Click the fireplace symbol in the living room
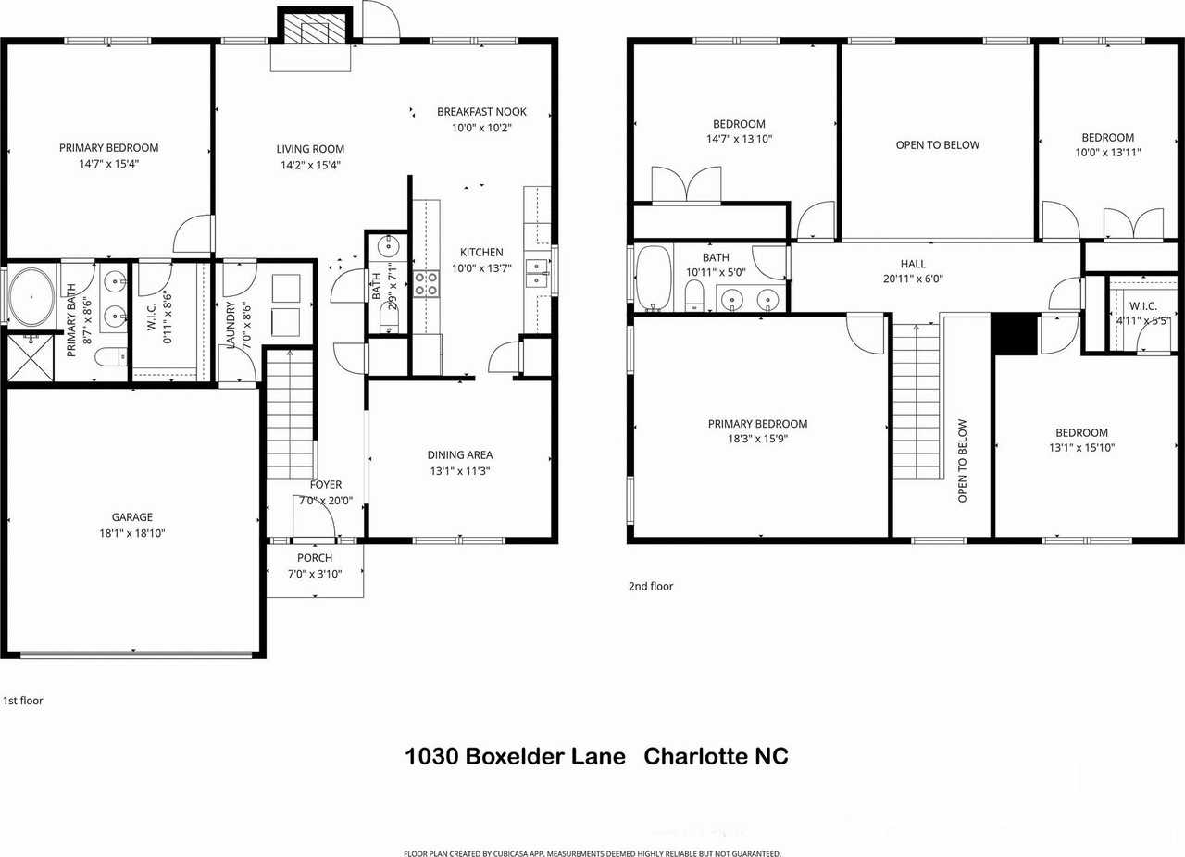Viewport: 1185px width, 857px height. coord(310,31)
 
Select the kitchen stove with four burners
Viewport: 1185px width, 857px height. coord(426,283)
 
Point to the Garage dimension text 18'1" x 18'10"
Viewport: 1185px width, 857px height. coord(131,533)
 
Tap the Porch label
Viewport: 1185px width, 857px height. coord(315,558)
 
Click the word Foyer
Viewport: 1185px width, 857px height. coord(326,484)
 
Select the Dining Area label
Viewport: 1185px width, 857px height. coord(460,454)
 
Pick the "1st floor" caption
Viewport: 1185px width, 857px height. coord(23,701)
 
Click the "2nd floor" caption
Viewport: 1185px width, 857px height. coord(651,586)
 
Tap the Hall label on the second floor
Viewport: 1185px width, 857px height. coord(913,264)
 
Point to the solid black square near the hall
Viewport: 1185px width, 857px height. coord(1014,334)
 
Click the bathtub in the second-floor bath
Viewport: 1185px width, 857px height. coord(654,279)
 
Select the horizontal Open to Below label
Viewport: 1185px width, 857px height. coord(937,145)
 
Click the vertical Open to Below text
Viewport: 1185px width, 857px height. coord(962,461)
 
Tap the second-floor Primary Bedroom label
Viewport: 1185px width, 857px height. coord(757,424)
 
